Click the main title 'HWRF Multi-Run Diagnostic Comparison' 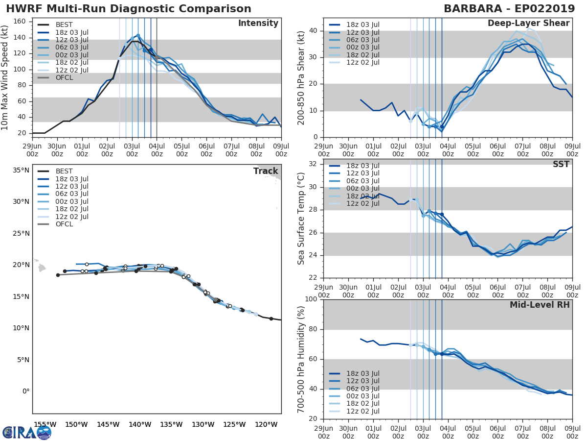click(x=129, y=9)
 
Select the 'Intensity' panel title click(x=258, y=24)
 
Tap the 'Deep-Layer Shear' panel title click(x=528, y=24)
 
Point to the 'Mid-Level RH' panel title click(x=540, y=305)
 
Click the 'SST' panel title click(x=561, y=164)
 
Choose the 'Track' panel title click(x=266, y=171)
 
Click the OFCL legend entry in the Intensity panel click(x=64, y=77)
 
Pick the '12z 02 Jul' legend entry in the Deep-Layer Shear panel click(x=362, y=62)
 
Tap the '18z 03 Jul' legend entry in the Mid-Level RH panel click(x=362, y=373)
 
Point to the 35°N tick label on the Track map click(x=21, y=171)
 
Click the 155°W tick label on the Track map click(x=44, y=424)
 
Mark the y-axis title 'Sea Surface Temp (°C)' click(x=301, y=218)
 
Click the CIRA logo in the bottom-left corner click(x=26, y=432)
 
